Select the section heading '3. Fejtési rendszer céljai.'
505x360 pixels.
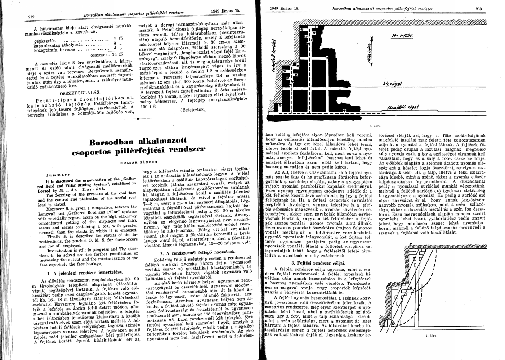(x=318, y=262)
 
